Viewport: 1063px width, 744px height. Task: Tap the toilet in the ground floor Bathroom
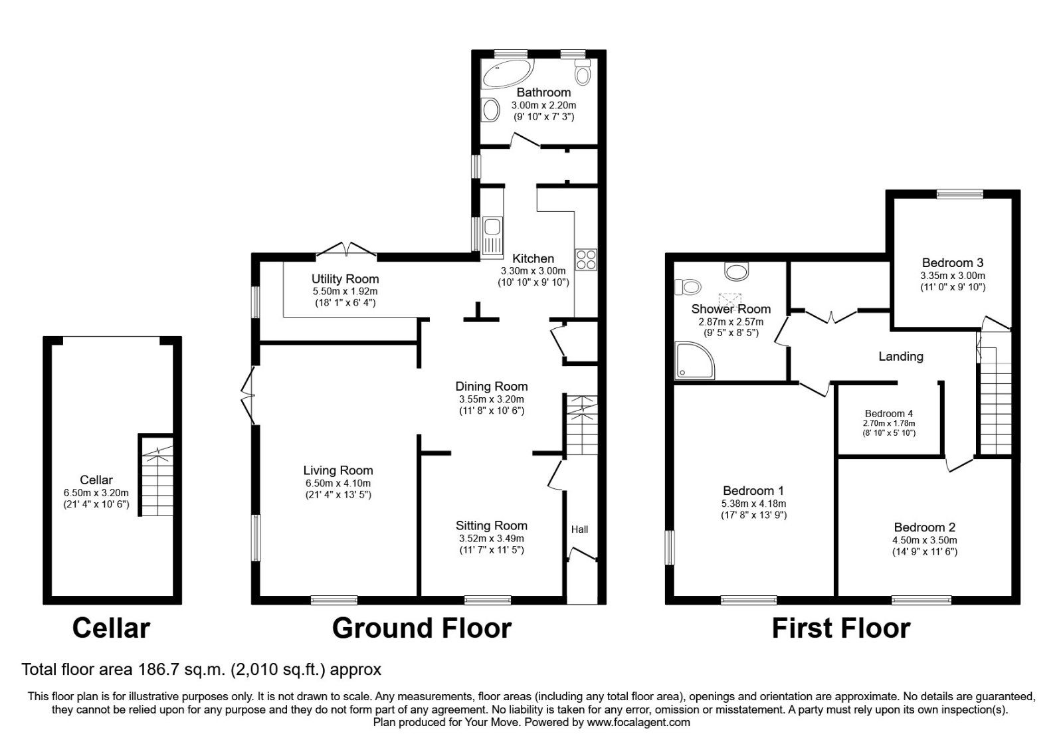pos(583,72)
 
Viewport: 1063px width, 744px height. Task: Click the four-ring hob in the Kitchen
pos(586,259)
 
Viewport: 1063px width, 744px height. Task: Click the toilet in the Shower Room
pos(688,287)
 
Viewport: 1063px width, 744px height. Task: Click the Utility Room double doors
pos(346,249)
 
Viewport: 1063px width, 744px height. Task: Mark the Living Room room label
pos(338,471)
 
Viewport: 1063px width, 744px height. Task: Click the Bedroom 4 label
pos(889,413)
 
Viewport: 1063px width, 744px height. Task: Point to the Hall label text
pos(579,529)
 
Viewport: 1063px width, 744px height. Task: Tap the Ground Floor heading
pos(421,628)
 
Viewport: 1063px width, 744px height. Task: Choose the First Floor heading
pos(840,628)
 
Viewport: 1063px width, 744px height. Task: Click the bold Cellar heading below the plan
pos(111,628)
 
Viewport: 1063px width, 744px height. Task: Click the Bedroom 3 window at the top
pos(959,195)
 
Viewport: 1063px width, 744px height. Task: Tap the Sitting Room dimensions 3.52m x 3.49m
pos(491,538)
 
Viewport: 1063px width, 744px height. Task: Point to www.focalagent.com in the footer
pos(638,722)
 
